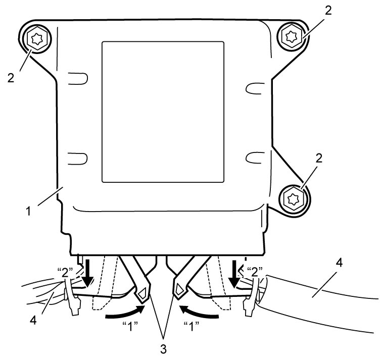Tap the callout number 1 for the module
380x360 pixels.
pyautogui.click(x=29, y=211)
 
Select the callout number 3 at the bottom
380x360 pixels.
pyautogui.click(x=163, y=349)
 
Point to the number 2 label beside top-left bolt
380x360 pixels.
pyautogui.click(x=11, y=78)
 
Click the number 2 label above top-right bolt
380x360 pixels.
pyautogui.click(x=328, y=11)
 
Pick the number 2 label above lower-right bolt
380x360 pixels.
pyautogui.click(x=319, y=159)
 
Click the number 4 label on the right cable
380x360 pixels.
pyautogui.click(x=340, y=263)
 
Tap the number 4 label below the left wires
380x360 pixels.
pyautogui.click(x=33, y=320)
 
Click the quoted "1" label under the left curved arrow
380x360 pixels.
pyautogui.click(x=130, y=326)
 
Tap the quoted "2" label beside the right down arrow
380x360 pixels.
pyautogui.click(x=255, y=272)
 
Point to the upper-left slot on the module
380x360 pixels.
pyautogui.click(x=78, y=78)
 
